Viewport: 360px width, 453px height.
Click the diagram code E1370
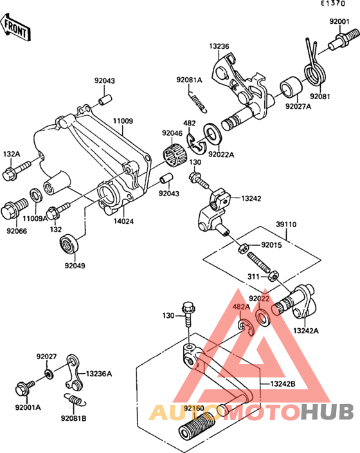(334, 3)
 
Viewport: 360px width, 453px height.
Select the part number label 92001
(339, 21)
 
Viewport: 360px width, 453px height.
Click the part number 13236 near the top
(219, 46)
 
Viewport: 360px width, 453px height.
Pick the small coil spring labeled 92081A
(197, 102)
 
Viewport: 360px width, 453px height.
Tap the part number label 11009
(123, 121)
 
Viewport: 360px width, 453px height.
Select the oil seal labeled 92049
(69, 245)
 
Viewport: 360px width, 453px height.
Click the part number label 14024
(123, 221)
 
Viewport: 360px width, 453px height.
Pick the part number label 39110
(286, 224)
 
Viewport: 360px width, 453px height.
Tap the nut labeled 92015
(243, 248)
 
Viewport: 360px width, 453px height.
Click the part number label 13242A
(306, 331)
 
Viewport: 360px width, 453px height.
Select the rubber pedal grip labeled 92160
(197, 425)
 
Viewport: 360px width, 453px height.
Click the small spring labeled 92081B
(75, 400)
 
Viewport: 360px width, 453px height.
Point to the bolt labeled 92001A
(25, 389)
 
